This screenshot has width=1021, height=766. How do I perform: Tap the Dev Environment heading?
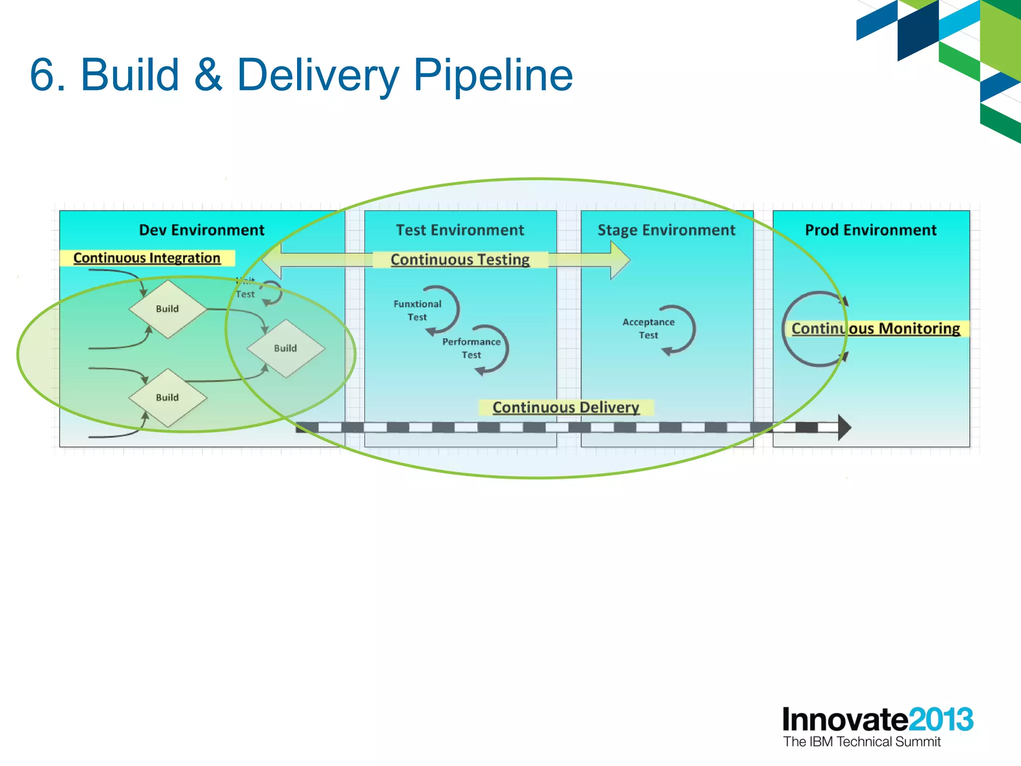201,230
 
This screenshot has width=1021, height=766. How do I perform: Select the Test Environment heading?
460,230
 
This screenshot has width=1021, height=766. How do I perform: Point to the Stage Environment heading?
666,230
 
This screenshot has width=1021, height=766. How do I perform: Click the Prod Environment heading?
870,230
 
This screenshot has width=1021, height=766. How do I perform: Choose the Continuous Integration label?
147,258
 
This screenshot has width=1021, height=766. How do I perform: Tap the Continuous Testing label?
460,260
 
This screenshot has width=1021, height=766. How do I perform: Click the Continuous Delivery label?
565,407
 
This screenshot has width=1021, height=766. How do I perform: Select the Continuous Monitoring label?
875,329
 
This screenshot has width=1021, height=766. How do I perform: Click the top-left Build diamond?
168,309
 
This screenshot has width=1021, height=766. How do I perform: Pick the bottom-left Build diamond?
168,398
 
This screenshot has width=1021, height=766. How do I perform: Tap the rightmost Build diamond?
285,349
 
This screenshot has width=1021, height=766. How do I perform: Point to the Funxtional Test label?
417,310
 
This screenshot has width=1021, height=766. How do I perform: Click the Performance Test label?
471,348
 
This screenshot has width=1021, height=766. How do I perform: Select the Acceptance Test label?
648,329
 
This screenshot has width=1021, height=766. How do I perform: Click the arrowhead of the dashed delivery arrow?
844,427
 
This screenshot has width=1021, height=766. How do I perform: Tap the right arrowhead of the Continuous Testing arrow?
620,260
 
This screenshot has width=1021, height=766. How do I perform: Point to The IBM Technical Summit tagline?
861,742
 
